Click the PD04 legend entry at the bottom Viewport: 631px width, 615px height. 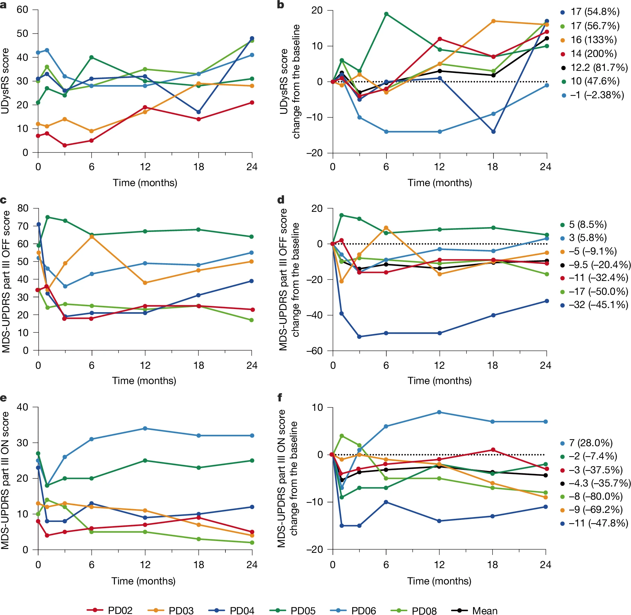pos(231,610)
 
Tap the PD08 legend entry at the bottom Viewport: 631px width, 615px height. pos(414,610)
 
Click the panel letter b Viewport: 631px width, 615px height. pos(281,5)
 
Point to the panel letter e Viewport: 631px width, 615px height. pos(3,398)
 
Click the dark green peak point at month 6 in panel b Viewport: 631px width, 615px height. pos(386,14)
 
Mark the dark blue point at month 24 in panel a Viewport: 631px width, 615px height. pos(252,39)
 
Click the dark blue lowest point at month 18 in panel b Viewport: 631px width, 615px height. pos(493,132)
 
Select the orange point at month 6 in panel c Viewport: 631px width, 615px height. pos(92,237)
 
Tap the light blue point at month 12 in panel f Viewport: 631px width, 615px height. pos(439,412)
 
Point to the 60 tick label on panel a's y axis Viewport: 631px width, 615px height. pos(23,10)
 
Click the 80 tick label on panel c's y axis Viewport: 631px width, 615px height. pos(23,208)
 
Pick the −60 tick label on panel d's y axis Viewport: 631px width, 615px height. pos(314,351)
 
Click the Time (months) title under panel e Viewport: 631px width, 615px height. pos(143,581)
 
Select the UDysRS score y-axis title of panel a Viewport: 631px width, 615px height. pos(5,81)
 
